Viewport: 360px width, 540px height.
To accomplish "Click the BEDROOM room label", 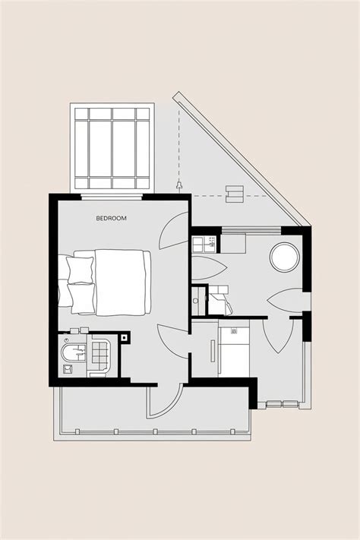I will click(111, 219).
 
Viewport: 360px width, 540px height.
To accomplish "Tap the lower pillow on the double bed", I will click(80, 294).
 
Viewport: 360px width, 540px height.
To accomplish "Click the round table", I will click(285, 256).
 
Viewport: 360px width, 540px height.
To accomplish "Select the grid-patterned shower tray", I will click(99, 353).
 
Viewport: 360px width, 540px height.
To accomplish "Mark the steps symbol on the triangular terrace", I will click(235, 194).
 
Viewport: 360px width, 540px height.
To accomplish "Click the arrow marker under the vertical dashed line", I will click(179, 185).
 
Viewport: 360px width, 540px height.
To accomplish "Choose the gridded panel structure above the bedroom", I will click(112, 149).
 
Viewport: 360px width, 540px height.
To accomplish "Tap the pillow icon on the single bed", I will click(234, 330).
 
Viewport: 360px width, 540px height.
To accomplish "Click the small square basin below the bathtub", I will click(67, 369).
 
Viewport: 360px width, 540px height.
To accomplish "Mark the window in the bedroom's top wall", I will click(112, 197).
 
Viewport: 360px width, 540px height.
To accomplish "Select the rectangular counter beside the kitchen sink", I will click(232, 244).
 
